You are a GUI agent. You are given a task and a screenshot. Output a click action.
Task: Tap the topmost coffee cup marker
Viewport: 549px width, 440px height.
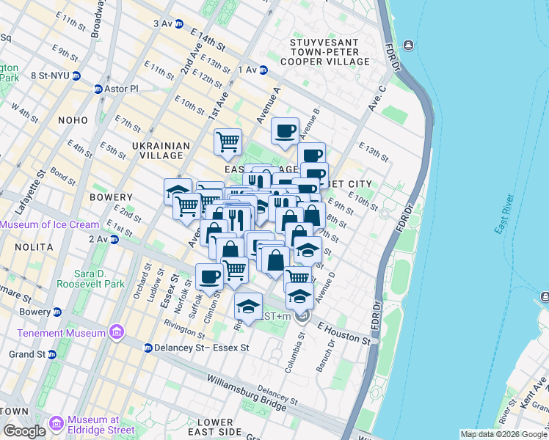click(285, 131)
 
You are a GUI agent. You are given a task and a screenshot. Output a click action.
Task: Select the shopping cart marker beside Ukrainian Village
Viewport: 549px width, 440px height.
click(228, 141)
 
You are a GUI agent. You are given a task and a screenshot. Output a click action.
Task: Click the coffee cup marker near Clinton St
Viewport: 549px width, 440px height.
click(210, 277)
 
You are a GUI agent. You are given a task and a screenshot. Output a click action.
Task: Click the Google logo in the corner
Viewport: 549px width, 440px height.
click(24, 430)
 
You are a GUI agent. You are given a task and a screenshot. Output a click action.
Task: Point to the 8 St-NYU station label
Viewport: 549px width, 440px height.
click(49, 76)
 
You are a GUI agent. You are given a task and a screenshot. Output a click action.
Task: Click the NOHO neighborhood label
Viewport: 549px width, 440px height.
click(71, 120)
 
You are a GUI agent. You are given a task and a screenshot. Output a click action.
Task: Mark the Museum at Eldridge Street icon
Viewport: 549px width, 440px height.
click(57, 425)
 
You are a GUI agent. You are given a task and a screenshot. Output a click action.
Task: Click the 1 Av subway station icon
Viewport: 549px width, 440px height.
click(263, 70)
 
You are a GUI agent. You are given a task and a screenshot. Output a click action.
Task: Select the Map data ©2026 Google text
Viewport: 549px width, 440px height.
click(503, 434)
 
